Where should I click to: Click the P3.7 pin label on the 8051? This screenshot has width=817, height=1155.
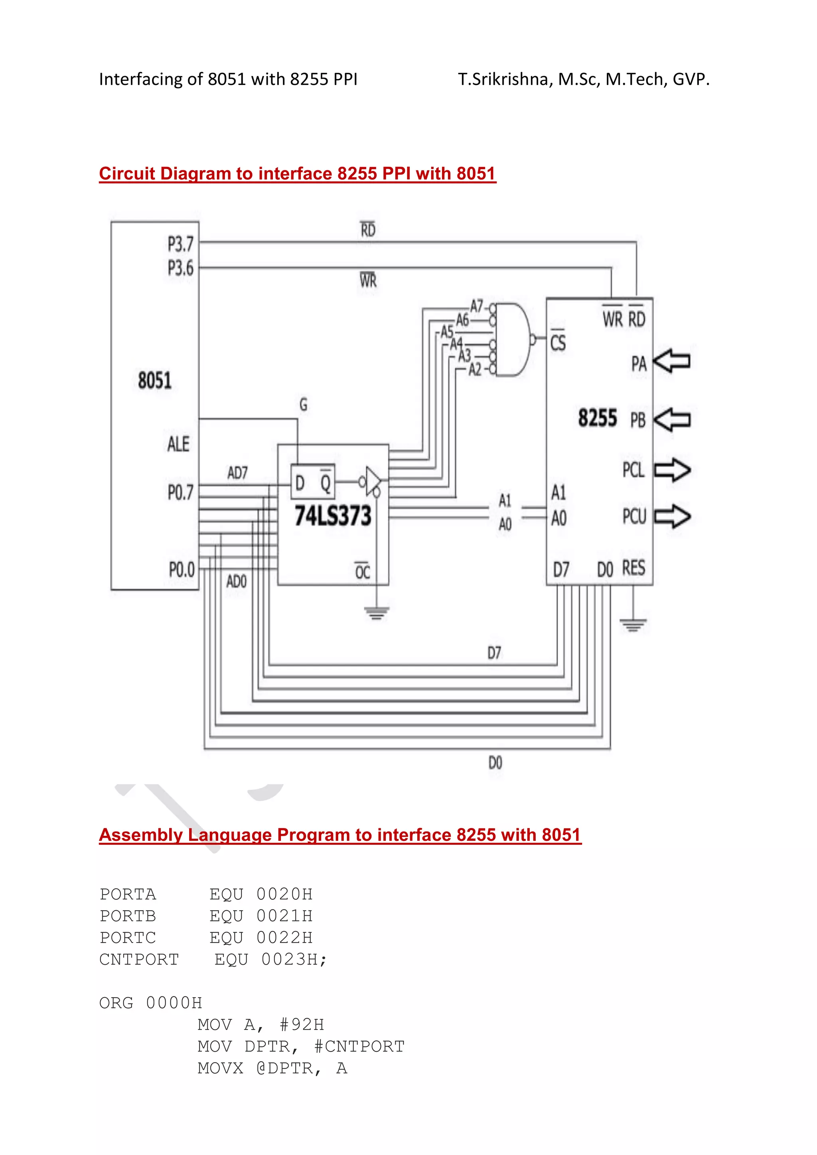click(180, 244)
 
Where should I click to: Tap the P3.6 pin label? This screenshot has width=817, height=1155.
click(180, 268)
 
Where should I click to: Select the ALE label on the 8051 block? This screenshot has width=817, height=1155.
click(178, 444)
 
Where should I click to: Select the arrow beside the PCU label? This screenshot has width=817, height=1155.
click(673, 516)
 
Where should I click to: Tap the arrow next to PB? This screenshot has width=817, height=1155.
click(673, 419)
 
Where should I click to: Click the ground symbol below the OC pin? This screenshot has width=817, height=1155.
click(377, 613)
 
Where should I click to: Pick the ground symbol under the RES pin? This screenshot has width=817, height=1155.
click(633, 625)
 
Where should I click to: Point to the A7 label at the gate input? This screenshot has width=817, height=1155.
click(476, 306)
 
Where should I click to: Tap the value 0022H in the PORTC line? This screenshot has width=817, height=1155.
click(284, 938)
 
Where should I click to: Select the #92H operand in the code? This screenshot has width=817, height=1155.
click(302, 1025)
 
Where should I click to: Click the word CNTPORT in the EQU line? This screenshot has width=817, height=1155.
click(139, 959)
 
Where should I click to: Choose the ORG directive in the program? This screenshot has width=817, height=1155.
click(116, 1003)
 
